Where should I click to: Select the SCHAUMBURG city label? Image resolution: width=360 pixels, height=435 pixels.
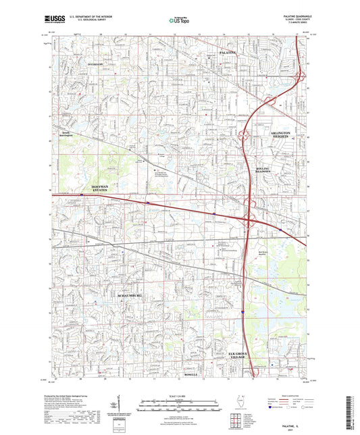pos(132,296)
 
